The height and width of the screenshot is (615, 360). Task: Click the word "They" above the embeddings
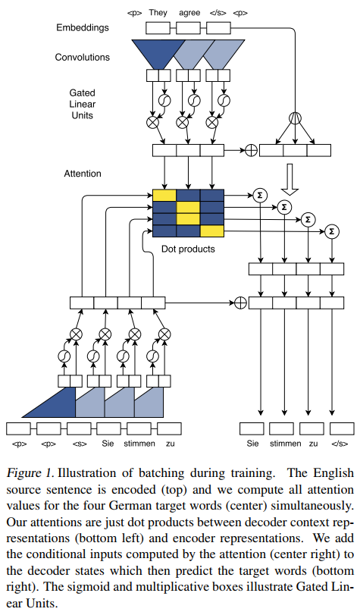click(158, 13)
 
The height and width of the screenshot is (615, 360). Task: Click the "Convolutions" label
click(82, 57)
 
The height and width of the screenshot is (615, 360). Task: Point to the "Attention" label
click(83, 174)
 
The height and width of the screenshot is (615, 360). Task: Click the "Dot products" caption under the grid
click(189, 249)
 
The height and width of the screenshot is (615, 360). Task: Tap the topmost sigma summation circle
click(260, 194)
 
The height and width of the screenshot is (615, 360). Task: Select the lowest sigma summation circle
click(331, 232)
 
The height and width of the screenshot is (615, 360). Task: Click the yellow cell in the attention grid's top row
click(164, 195)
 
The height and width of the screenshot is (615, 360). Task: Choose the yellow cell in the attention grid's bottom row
click(213, 231)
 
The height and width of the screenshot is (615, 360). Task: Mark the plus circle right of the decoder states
click(240, 303)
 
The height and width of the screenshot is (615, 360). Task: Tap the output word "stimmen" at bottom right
click(285, 443)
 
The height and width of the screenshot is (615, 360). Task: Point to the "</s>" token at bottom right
click(340, 443)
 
